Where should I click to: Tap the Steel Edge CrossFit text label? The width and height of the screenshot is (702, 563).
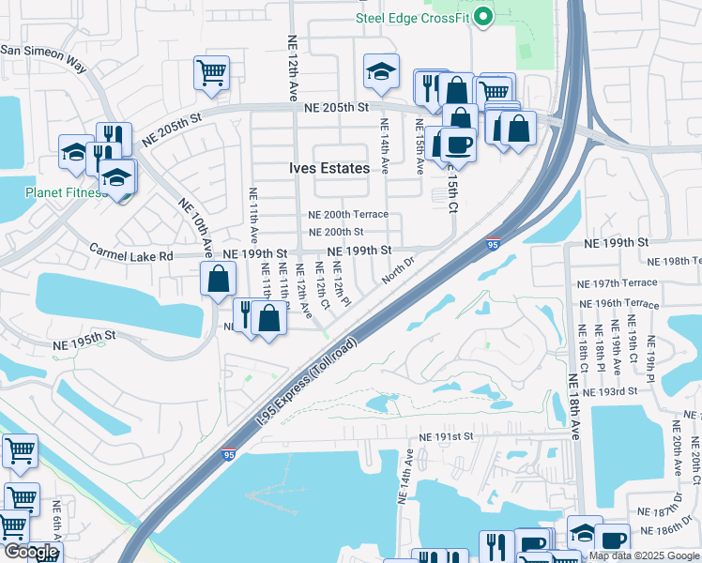coord(412,17)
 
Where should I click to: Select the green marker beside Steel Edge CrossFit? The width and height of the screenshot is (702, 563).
coord(483,16)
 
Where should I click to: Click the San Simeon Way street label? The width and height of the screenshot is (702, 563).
coord(42,58)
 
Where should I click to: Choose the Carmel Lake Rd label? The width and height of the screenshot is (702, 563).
coord(132,253)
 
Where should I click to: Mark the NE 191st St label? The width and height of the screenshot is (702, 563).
coord(448,437)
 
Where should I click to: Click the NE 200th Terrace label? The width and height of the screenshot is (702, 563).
coord(348,215)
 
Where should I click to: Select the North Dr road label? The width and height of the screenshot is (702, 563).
coord(397,271)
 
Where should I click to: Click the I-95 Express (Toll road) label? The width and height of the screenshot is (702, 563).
coord(307,384)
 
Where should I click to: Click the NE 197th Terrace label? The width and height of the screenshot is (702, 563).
coord(618,282)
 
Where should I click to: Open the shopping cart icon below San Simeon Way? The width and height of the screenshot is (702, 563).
coord(212,72)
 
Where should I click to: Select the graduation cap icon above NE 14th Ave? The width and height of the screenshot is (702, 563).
coord(380,71)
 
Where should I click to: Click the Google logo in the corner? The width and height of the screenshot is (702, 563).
coord(30,553)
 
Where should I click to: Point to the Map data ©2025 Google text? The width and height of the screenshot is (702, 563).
coord(644,555)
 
